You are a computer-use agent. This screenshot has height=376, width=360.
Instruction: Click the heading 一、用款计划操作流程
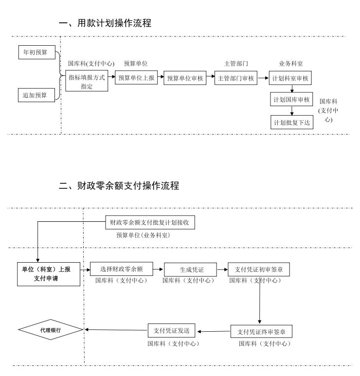point(105,23)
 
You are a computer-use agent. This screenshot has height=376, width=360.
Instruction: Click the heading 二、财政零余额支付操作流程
point(119,185)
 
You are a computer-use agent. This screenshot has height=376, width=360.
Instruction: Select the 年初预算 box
point(36,52)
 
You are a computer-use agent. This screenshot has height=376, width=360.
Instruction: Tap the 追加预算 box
point(36,95)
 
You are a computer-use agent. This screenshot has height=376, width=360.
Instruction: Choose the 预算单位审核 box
point(185,78)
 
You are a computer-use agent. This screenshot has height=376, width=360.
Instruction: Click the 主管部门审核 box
point(235,78)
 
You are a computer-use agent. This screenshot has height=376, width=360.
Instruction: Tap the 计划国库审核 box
point(291,100)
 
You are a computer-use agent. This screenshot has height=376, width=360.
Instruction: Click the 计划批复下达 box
point(291,122)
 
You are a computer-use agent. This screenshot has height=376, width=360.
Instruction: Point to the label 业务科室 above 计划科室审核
point(291,64)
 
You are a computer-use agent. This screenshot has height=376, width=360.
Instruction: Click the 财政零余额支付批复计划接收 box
point(150,223)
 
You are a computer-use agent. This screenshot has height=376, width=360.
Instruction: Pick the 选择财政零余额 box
point(121,269)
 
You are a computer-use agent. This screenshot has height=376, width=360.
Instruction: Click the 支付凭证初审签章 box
point(256,269)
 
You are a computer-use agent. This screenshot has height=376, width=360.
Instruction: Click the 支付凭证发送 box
point(174,331)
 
